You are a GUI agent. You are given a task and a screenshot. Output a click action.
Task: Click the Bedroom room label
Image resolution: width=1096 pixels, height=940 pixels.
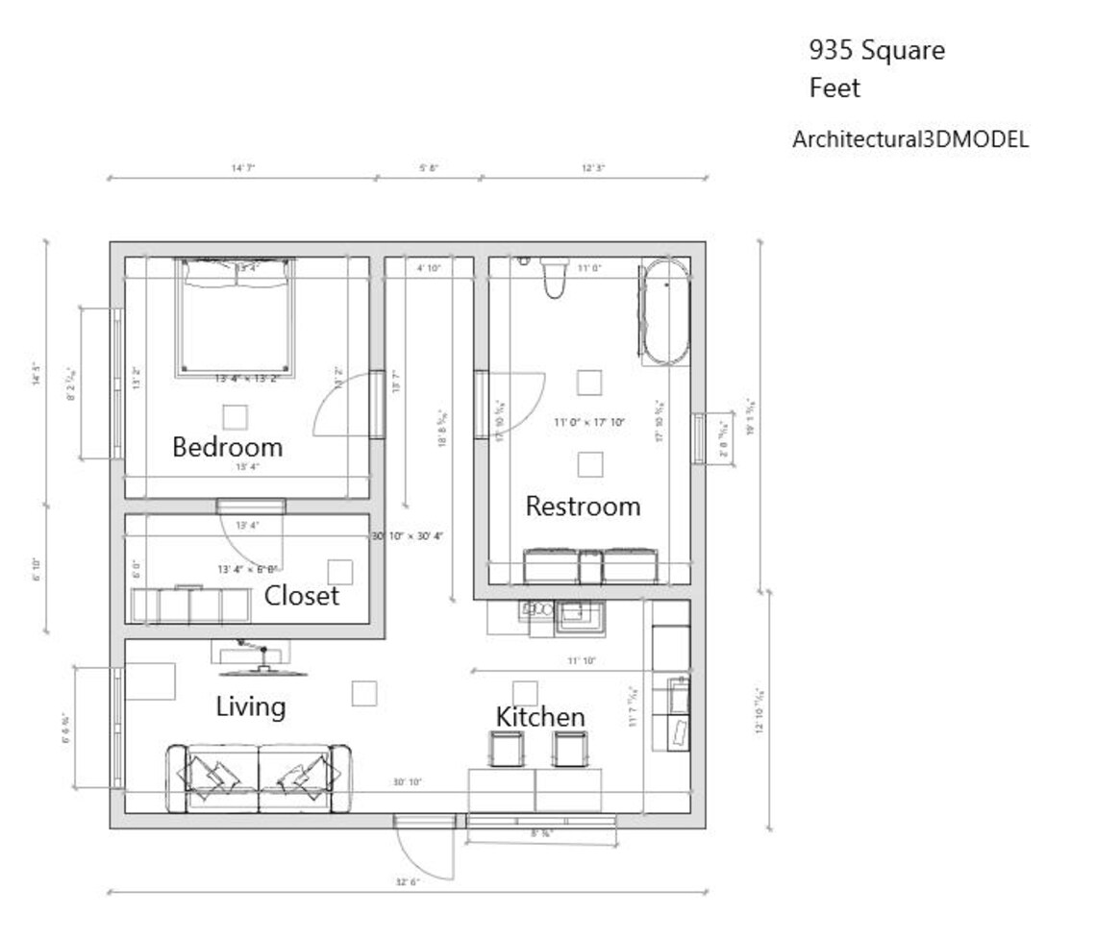(227, 447)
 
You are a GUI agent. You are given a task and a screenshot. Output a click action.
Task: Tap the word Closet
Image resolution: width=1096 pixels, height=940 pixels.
(302, 596)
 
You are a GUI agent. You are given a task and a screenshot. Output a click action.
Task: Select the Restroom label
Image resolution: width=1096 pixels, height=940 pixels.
(583, 507)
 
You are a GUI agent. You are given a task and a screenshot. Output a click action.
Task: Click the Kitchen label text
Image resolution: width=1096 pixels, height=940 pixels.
(540, 717)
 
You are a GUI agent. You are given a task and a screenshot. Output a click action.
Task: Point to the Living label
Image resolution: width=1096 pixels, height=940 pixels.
(250, 707)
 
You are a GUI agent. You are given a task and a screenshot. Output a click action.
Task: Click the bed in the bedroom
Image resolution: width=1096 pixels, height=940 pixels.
(236, 317)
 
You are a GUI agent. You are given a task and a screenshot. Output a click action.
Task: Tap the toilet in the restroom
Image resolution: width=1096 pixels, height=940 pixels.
(556, 278)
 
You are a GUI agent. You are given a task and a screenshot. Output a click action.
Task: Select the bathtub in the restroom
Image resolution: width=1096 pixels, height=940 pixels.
(665, 312)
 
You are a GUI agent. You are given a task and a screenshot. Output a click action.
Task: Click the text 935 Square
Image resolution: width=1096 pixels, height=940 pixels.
(876, 51)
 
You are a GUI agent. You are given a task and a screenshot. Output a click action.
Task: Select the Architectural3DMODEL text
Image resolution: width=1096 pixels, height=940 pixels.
(909, 139)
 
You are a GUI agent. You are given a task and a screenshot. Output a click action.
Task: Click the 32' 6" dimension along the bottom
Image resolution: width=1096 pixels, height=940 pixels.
(408, 881)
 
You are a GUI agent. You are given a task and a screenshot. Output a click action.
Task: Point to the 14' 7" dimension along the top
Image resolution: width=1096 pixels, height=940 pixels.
(242, 168)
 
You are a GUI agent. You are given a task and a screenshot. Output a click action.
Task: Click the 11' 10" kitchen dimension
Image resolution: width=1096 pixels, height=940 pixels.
(582, 660)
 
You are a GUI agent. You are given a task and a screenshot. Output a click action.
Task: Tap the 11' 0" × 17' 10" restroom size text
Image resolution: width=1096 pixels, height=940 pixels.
(590, 422)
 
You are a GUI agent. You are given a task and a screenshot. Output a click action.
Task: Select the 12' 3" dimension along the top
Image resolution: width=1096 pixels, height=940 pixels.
(593, 168)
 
